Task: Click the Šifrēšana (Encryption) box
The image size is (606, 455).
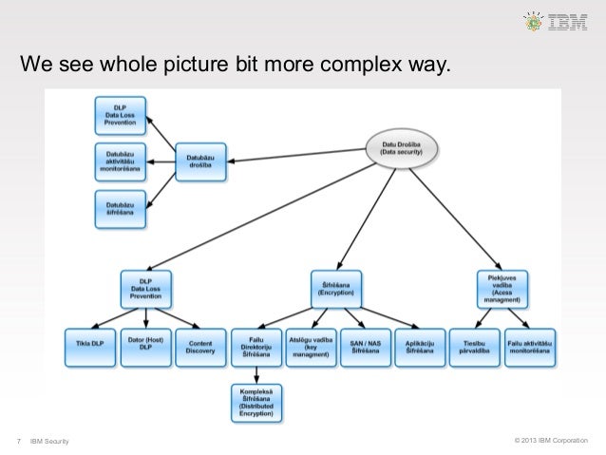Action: [335, 286]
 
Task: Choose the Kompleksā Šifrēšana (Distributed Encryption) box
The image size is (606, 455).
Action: [256, 401]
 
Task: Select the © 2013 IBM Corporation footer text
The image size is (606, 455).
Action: [550, 440]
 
